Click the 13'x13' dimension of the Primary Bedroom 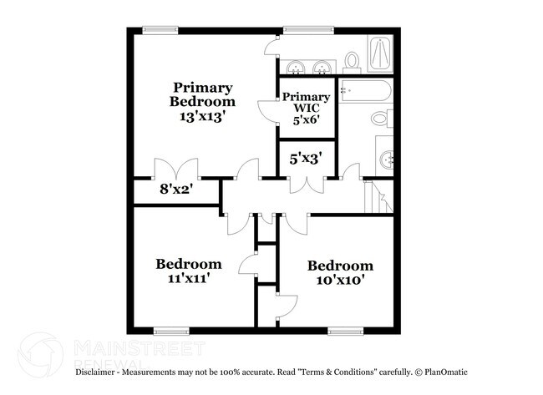[202, 117]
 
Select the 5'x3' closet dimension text [306, 156]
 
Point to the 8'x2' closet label [177, 189]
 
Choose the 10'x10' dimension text [340, 281]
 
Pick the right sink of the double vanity [322, 67]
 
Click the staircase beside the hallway [378, 197]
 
